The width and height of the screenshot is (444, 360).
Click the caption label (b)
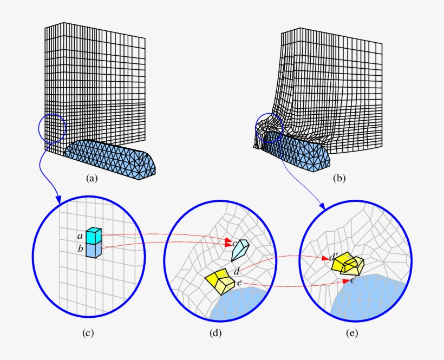coord(339,177)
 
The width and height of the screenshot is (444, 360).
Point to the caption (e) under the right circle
coord(352,333)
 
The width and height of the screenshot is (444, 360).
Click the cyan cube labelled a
coord(94,236)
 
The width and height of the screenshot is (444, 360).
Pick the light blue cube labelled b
coord(94,250)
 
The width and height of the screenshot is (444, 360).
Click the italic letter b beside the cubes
coord(81,249)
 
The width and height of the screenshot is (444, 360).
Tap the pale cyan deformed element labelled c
coord(239,250)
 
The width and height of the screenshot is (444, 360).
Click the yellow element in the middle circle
coord(219,281)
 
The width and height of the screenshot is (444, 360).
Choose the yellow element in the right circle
coord(349,265)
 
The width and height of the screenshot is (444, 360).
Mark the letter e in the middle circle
coord(239,283)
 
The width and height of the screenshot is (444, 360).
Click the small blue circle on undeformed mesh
coord(53,128)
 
